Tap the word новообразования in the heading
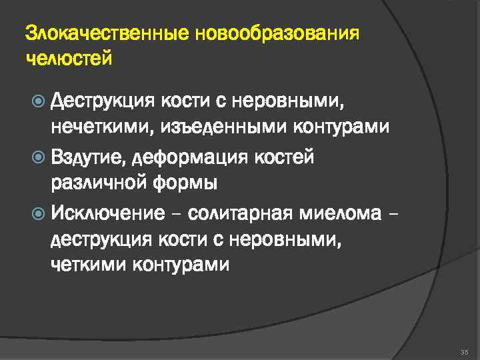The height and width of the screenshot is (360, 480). click(277, 33)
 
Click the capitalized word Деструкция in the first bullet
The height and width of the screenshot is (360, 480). click(103, 101)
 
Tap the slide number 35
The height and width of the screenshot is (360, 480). click(465, 351)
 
